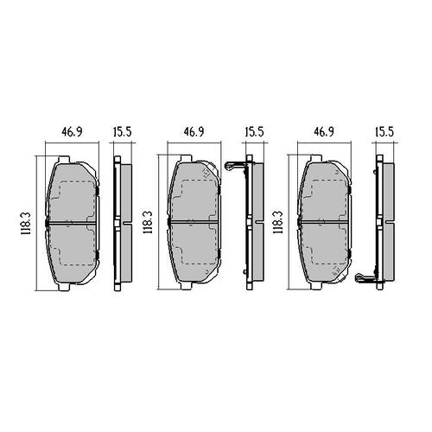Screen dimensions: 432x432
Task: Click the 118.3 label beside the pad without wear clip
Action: pyautogui.click(x=25, y=223)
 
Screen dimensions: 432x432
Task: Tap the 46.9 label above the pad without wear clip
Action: pyautogui.click(x=72, y=131)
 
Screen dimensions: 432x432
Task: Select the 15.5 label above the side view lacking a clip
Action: pyautogui.click(x=123, y=131)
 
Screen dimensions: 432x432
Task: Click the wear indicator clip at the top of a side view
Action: pyautogui.click(x=235, y=167)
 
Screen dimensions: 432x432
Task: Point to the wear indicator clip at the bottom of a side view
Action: pyautogui.click(x=365, y=277)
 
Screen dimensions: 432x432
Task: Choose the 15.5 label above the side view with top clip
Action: pyautogui.click(x=255, y=131)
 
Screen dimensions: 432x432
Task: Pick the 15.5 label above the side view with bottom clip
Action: pyautogui.click(x=384, y=131)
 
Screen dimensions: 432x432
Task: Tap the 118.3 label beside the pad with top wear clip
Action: pyautogui.click(x=149, y=222)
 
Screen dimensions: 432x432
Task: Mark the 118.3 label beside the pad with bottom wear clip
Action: pyautogui.click(x=278, y=222)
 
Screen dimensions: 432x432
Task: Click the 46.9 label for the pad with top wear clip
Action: pyautogui.click(x=194, y=131)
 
